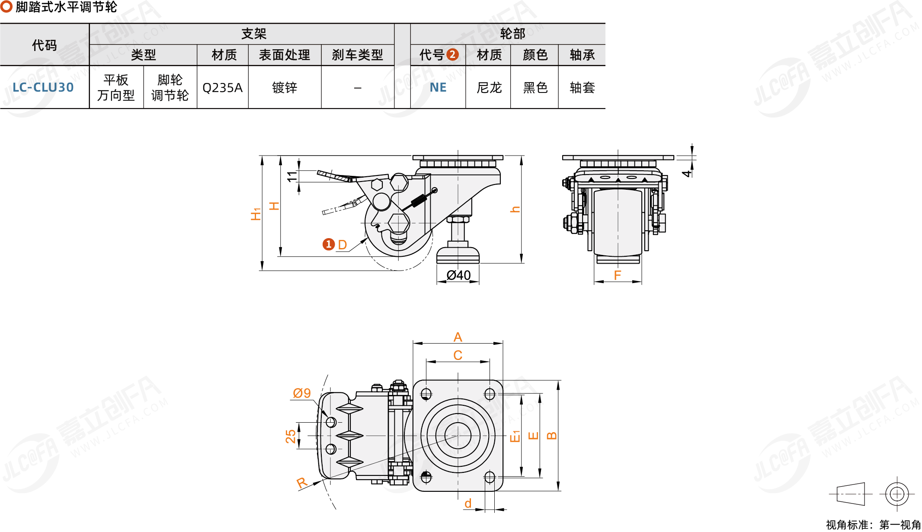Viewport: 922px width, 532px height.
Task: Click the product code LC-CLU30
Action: point(43,87)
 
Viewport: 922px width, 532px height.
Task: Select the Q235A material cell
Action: point(222,88)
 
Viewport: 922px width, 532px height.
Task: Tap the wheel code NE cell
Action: point(438,87)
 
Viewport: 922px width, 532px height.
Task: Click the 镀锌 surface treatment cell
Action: point(285,88)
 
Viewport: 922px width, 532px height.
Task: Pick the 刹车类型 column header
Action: point(357,55)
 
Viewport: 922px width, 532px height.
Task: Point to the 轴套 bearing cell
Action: point(582,88)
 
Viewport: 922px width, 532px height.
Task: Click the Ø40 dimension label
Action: point(458,275)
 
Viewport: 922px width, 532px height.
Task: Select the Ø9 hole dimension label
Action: point(302,393)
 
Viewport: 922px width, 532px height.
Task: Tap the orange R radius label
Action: point(302,483)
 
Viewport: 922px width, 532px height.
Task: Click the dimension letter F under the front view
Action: point(618,275)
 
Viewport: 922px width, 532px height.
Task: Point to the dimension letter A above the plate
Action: point(458,337)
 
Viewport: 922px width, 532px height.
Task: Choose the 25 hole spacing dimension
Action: point(291,436)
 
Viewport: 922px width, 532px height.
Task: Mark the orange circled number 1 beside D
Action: point(329,244)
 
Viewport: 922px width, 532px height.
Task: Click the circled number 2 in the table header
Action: point(452,54)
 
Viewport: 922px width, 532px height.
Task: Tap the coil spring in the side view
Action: point(418,201)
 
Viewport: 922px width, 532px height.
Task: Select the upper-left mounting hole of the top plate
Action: point(426,394)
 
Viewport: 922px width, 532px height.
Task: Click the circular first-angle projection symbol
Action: point(897,494)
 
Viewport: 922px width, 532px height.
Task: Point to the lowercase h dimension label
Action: point(515,210)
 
